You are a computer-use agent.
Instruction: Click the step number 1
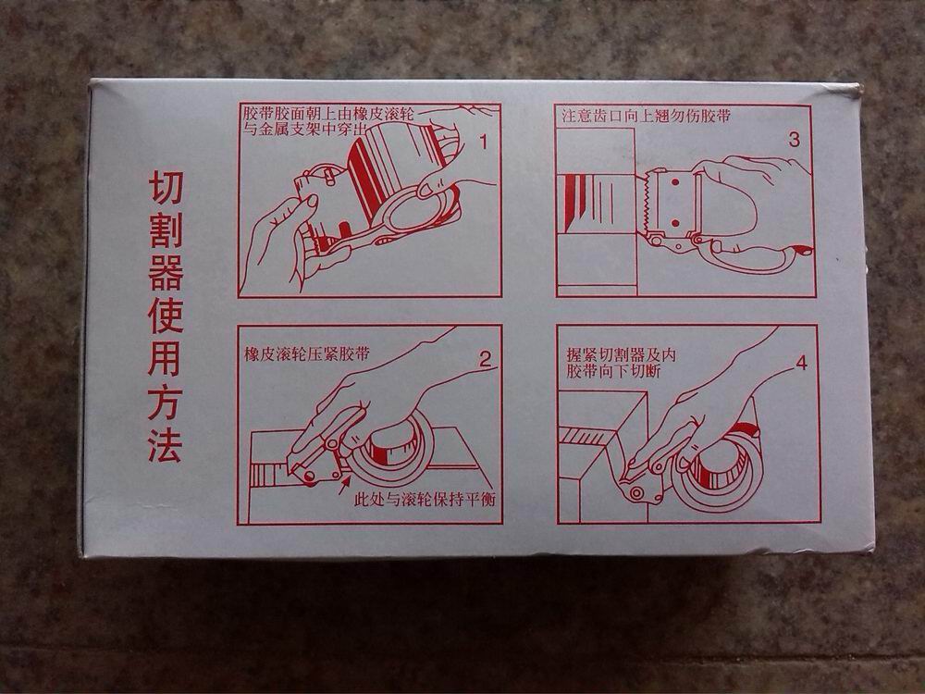coord(483,143)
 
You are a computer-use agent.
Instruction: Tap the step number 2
coord(485,359)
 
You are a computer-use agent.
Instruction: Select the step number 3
coord(794,140)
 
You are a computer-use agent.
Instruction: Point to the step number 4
coord(801,364)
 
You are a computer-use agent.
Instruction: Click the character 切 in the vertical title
coord(166,188)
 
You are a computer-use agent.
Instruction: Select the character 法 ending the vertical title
coord(165,444)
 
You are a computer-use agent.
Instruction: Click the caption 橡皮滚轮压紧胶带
coord(307,354)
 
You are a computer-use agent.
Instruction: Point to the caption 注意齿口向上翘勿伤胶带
coord(646,117)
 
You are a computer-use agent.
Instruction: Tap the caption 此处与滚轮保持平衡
coord(425,500)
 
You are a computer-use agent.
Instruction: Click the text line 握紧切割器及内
coord(620,354)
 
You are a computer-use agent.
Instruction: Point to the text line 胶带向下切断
coord(613,371)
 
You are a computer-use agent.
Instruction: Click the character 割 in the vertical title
coord(166,230)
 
